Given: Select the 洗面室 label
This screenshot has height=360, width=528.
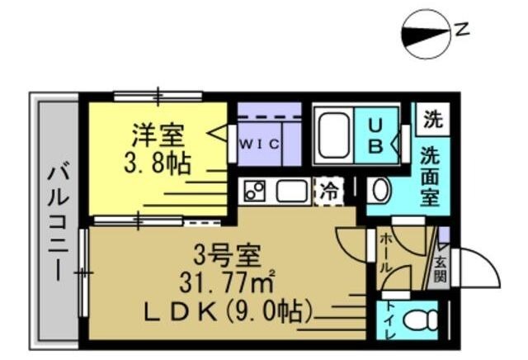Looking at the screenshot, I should pyautogui.click(x=429, y=177).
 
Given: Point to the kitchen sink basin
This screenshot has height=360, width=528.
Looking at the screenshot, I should pyautogui.click(x=291, y=192).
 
